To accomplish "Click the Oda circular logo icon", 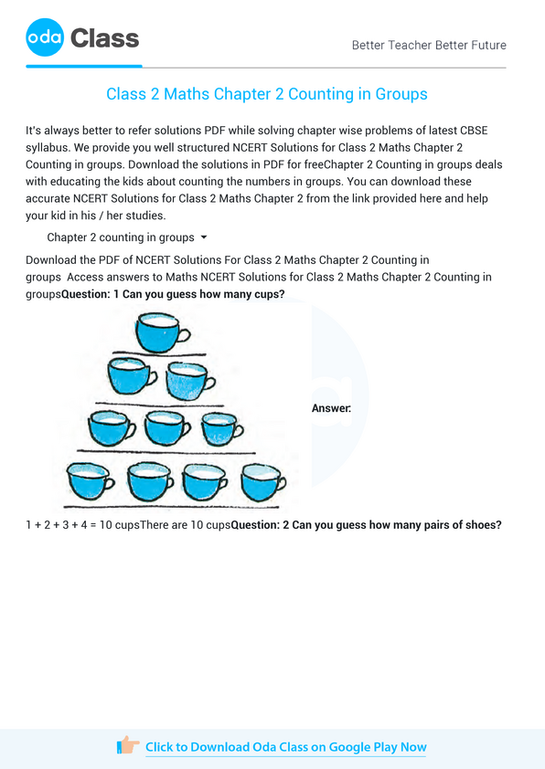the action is (45, 38).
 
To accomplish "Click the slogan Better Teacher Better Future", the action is (429, 45).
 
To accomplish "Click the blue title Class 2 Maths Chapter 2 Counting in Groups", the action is (267, 94).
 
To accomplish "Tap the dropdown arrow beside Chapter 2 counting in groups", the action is (204, 237).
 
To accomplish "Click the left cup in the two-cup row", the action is (131, 375).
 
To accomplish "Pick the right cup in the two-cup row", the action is (188, 378).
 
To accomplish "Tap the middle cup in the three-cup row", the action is (166, 427).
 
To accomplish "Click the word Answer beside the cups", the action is (331, 408).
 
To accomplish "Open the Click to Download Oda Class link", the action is (285, 747).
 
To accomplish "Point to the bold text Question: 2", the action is (260, 525).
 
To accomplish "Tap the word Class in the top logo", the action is (104, 38).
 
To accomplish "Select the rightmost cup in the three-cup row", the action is (221, 427).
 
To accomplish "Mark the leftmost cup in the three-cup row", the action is (110, 427).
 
